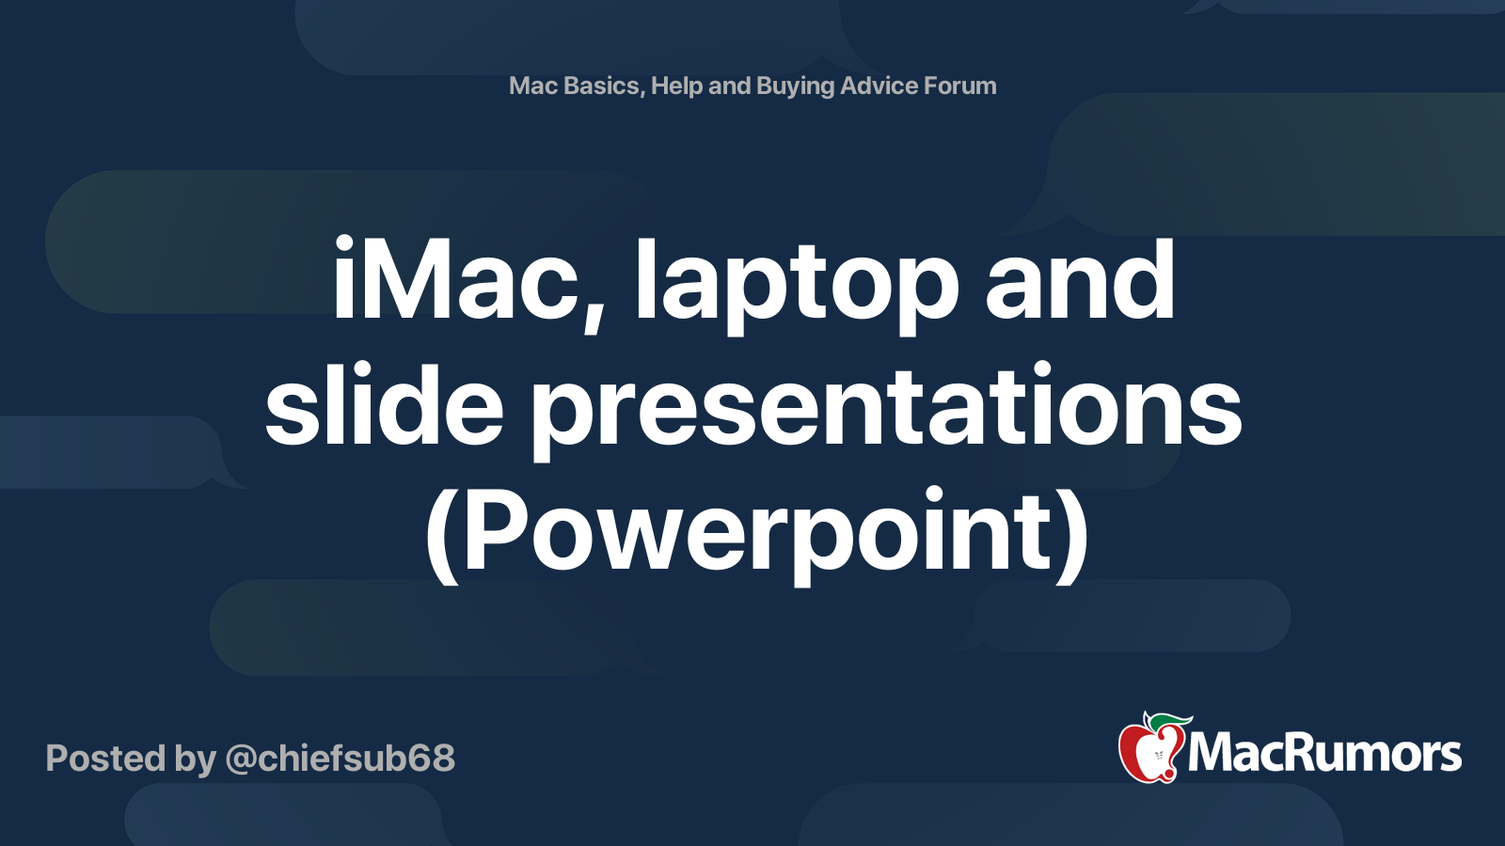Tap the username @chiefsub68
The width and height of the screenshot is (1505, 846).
coord(340,758)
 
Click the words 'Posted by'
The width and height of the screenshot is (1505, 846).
coord(131,758)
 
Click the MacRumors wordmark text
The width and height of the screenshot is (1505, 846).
coord(1324,754)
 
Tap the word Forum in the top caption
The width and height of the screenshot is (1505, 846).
coord(959,86)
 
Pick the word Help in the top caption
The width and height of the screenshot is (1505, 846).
coord(676,86)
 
